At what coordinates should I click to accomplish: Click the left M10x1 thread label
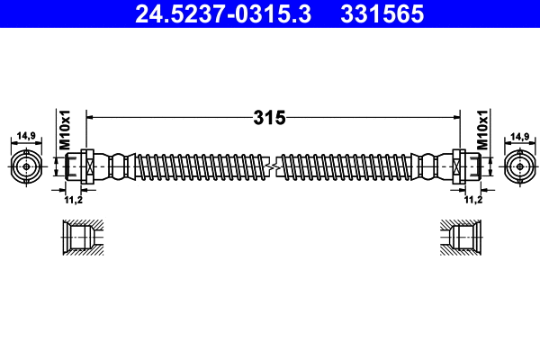tap(66, 130)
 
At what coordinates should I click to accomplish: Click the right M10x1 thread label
tap(482, 130)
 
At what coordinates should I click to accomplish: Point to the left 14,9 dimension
tap(26, 136)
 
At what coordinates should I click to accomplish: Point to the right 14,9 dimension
tap(519, 136)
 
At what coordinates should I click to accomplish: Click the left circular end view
tap(26, 166)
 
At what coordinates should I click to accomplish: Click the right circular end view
tap(517, 166)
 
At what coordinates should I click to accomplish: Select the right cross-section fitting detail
tap(461, 238)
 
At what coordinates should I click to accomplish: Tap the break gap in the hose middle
tap(272, 166)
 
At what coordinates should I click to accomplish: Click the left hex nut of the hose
tap(85, 166)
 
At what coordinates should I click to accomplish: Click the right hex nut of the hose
tap(460, 166)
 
